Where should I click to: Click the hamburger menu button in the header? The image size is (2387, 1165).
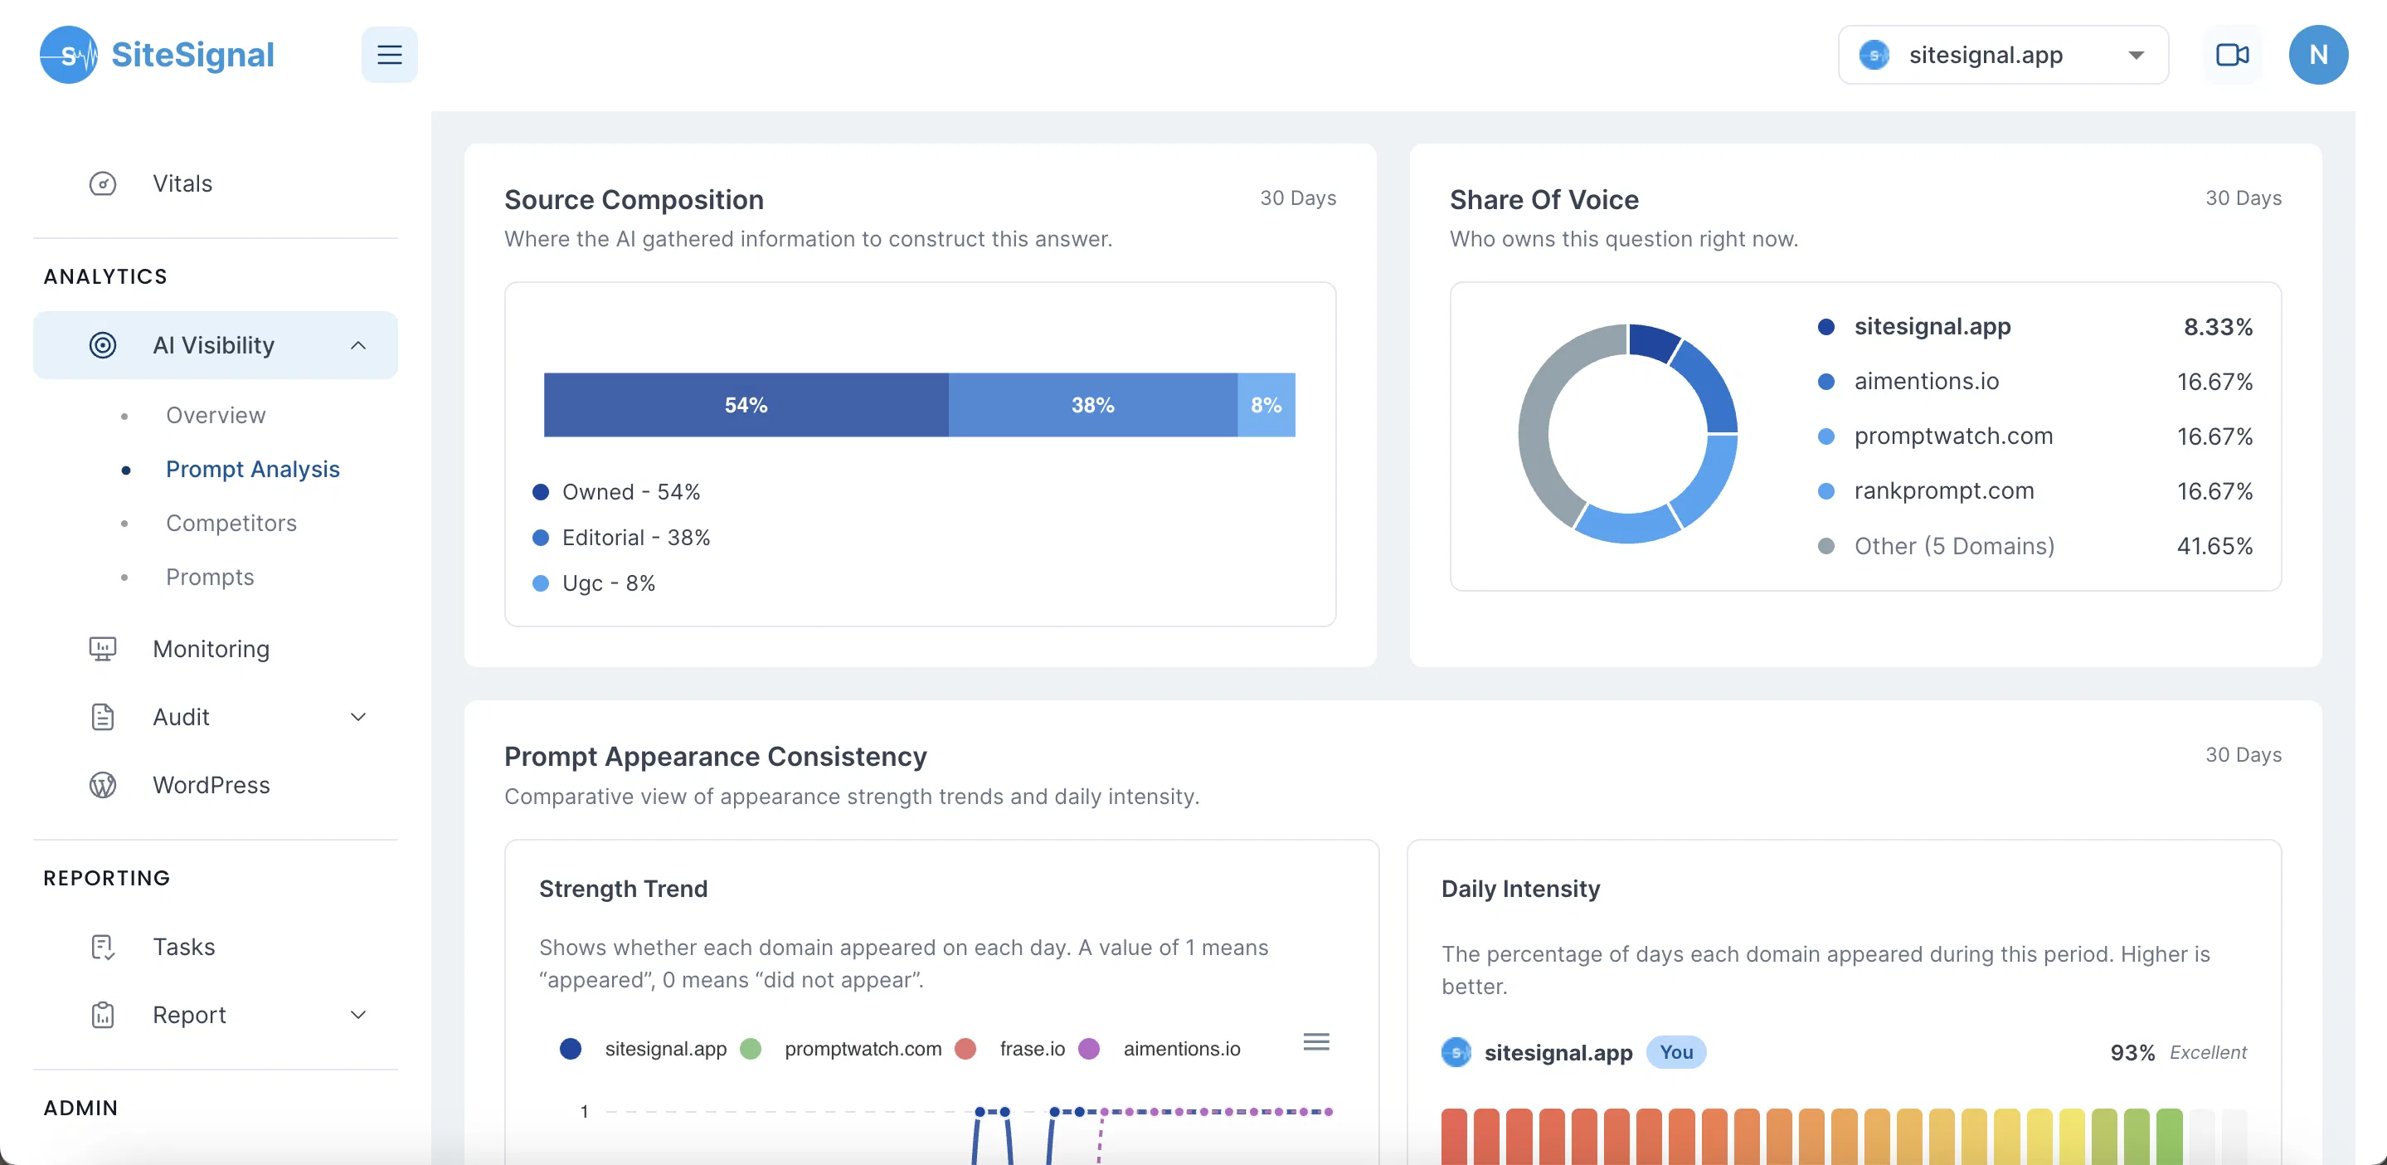tap(389, 55)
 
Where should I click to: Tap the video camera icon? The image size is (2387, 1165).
tap(2231, 55)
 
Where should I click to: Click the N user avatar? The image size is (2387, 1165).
tap(2317, 55)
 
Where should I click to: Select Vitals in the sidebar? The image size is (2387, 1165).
tap(182, 183)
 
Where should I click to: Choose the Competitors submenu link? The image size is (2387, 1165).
tap(231, 523)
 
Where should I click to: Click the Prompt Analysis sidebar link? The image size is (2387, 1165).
tap(252, 469)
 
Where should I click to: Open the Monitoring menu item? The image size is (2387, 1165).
tap(211, 649)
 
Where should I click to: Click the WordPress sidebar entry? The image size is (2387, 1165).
tap(211, 785)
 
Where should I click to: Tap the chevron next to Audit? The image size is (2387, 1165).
tap(358, 716)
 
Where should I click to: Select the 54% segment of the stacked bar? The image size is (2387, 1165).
tap(745, 405)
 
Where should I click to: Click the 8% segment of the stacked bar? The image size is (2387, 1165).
tap(1266, 405)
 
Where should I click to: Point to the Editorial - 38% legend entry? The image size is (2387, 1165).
tap(635, 538)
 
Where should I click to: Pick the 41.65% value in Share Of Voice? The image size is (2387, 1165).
tap(2214, 546)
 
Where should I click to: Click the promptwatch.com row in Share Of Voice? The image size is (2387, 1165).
tap(1952, 436)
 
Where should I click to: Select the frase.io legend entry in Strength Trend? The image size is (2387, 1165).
tap(1031, 1048)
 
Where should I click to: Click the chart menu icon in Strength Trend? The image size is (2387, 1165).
tap(1315, 1041)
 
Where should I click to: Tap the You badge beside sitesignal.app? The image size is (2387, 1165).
tap(1675, 1052)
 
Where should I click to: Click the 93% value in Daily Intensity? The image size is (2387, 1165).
tap(2132, 1053)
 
